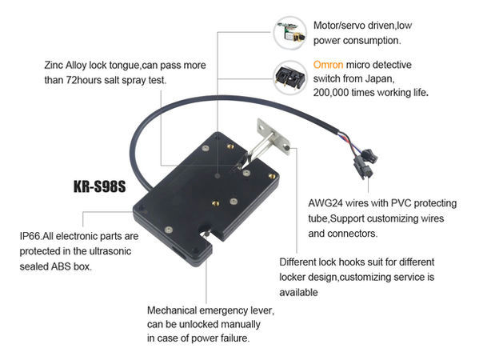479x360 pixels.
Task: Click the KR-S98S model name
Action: coord(100,186)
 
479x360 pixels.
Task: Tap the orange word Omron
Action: coord(328,65)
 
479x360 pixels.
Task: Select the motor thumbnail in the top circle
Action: coord(290,33)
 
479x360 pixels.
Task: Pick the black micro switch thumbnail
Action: coord(290,78)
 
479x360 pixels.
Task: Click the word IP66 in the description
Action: coord(30,236)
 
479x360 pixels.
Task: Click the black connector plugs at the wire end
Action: coord(366,163)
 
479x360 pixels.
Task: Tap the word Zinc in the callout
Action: coord(54,65)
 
